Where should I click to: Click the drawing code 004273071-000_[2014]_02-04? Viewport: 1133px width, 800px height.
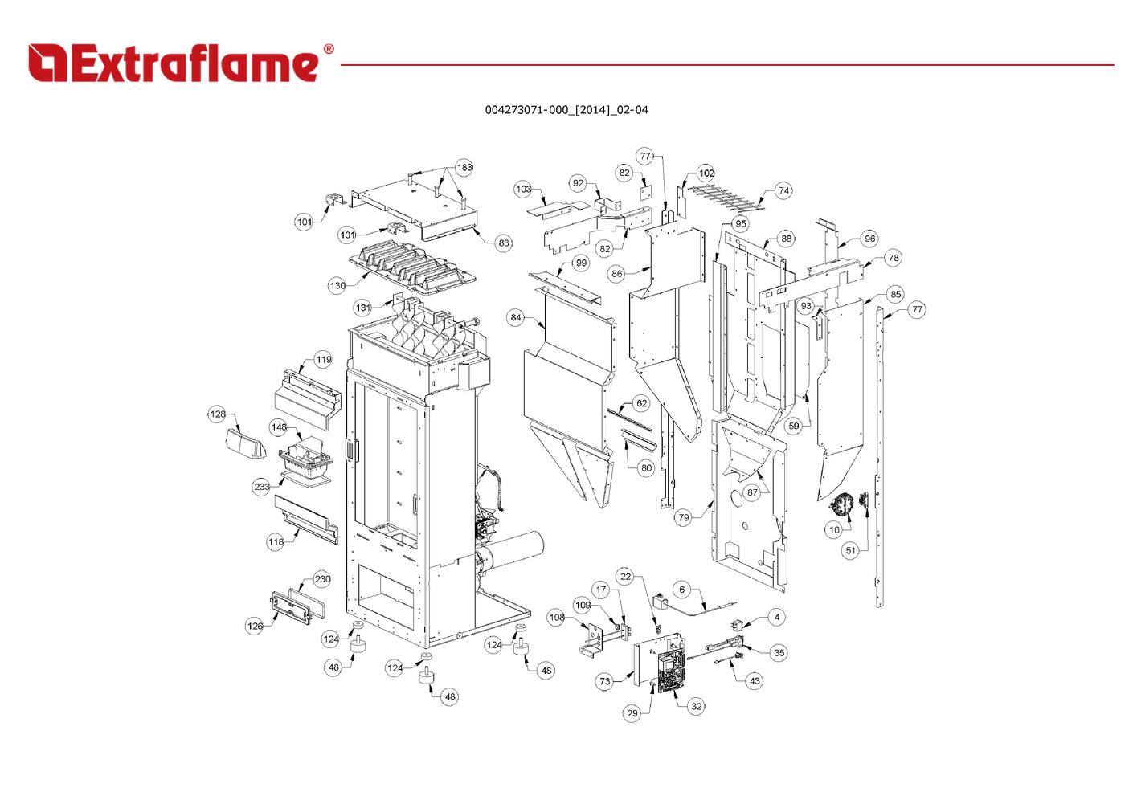click(x=566, y=110)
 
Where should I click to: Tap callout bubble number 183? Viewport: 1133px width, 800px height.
click(x=464, y=167)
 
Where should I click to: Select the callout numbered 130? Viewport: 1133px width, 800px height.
click(x=337, y=285)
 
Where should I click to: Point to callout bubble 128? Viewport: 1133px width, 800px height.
click(x=218, y=414)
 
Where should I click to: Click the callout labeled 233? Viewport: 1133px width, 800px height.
click(x=262, y=487)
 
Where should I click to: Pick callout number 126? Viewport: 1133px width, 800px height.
click(x=255, y=626)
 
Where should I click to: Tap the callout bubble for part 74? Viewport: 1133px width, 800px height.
click(x=783, y=190)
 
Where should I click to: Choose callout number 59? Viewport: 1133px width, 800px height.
click(x=794, y=426)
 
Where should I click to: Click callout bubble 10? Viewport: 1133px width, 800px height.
click(x=834, y=529)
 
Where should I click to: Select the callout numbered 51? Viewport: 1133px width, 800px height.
click(x=851, y=550)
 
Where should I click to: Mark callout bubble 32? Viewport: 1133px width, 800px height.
click(x=696, y=706)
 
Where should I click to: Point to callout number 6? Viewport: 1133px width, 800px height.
click(x=682, y=590)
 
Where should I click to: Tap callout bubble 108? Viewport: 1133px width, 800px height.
click(x=557, y=617)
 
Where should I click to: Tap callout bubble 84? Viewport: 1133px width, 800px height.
click(x=516, y=317)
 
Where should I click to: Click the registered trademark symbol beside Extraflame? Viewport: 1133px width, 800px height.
click(x=328, y=50)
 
